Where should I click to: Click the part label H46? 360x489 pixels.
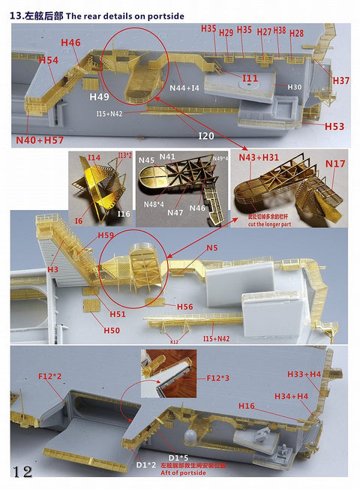[70, 43]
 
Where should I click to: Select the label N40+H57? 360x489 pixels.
[38, 140]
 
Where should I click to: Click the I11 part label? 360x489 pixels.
[250, 78]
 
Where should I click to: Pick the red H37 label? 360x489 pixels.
[340, 80]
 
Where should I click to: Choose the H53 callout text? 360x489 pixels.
[334, 127]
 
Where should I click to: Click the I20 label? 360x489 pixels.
[206, 136]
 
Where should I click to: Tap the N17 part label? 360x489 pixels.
[336, 163]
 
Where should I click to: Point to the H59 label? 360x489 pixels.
[106, 235]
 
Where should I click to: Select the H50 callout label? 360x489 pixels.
[112, 330]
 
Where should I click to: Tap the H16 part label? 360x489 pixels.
[247, 406]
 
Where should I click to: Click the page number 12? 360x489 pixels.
[22, 471]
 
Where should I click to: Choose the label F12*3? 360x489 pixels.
[219, 379]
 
